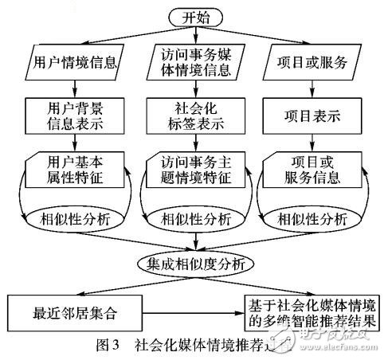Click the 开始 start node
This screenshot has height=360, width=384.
click(x=194, y=16)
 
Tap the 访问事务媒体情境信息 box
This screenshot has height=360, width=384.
click(x=194, y=61)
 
